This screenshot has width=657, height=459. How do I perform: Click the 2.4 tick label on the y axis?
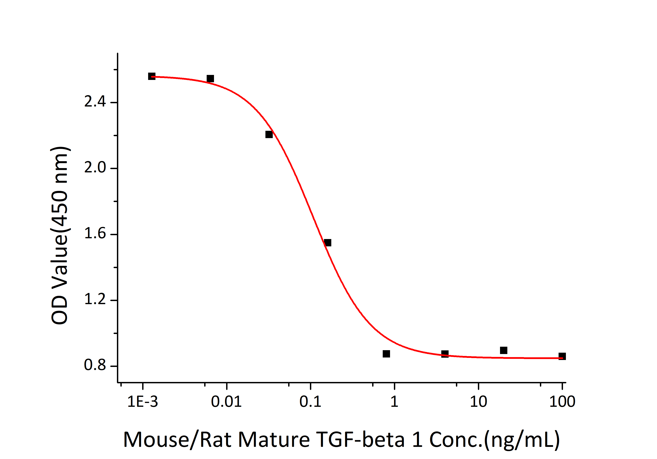point(95,102)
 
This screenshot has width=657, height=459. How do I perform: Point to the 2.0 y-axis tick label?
point(95,168)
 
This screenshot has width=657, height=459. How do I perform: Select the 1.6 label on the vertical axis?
point(95,234)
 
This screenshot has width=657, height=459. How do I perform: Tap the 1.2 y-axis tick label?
point(95,300)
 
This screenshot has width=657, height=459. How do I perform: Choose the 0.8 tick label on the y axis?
point(95,365)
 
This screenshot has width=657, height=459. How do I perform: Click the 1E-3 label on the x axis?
point(143,402)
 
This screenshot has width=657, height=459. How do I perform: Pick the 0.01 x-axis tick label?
point(226,402)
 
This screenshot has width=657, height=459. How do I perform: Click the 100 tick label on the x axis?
point(562,402)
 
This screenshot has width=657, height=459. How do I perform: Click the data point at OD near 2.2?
point(269,134)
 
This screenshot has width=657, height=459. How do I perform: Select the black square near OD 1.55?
point(328,243)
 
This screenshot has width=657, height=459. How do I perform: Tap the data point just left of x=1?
point(386,354)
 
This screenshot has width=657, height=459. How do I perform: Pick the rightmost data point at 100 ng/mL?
point(562,356)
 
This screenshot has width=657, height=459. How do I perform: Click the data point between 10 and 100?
point(504,350)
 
